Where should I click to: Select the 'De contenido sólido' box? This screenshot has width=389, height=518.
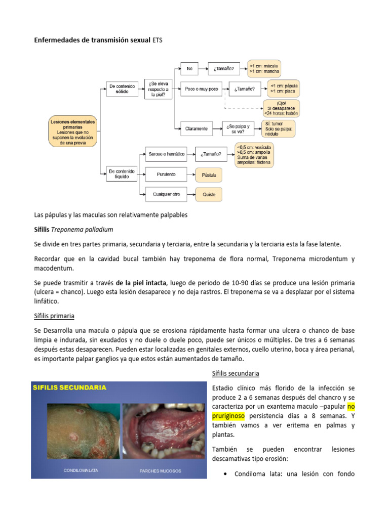[122, 90]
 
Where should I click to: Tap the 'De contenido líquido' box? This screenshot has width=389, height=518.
[122, 175]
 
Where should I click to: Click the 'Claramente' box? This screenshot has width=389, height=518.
[196, 128]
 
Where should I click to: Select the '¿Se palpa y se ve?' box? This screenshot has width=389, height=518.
[238, 128]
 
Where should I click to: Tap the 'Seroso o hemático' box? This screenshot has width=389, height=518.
[166, 153]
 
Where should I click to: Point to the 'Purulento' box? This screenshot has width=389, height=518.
[166, 175]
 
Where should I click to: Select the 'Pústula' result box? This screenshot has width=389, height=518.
[209, 175]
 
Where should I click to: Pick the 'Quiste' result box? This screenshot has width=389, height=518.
[209, 194]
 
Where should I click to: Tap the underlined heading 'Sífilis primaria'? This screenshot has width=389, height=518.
[54, 316]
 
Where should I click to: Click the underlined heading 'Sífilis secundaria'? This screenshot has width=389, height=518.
[234, 373]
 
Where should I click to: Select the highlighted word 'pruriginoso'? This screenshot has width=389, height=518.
[227, 415]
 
